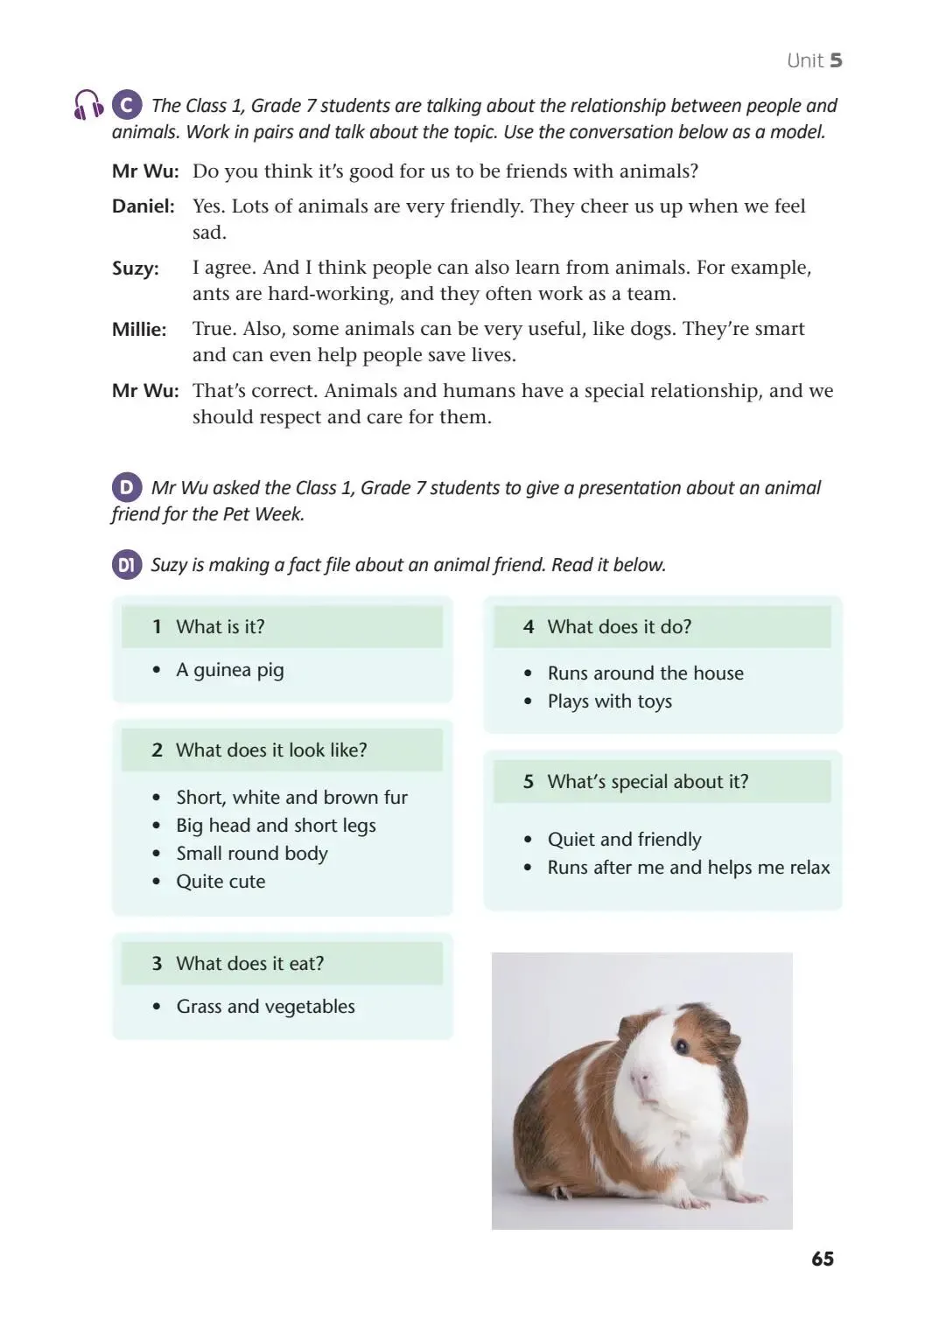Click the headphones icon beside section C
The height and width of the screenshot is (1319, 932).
[88, 105]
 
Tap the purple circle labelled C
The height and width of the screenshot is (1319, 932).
[127, 105]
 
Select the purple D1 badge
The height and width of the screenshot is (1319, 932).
[127, 565]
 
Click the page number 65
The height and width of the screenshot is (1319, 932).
[822, 1259]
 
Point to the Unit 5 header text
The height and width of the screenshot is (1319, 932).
[814, 60]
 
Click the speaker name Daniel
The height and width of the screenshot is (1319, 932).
[143, 206]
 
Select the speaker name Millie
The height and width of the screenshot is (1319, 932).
[138, 330]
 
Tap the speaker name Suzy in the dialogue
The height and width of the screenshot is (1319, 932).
[135, 269]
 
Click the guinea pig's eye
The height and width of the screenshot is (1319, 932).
[681, 1045]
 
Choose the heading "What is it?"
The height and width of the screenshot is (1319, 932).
[220, 627]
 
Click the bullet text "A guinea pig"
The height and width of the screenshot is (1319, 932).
[230, 670]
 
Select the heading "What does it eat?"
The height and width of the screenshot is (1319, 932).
[249, 964]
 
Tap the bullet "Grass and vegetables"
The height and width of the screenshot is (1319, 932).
[265, 1007]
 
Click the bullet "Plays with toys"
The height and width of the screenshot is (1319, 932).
[609, 701]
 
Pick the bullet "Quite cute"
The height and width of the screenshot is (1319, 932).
[221, 882]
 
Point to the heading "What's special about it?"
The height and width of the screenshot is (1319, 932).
[648, 782]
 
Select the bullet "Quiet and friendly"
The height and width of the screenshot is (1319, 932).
[624, 840]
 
